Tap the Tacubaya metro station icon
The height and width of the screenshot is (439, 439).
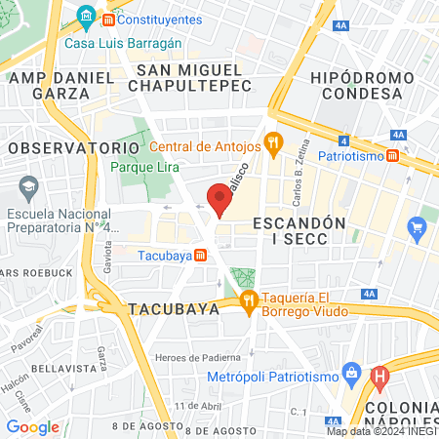[x=200, y=256]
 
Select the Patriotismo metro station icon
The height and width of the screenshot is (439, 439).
[x=391, y=155]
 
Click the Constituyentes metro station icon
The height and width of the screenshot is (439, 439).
[x=107, y=19]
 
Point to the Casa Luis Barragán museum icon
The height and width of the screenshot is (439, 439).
[x=85, y=19]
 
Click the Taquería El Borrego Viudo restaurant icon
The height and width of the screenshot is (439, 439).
[x=249, y=300]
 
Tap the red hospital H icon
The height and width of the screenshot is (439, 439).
[x=380, y=375]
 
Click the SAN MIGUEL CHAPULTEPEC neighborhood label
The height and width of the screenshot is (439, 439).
[x=189, y=79]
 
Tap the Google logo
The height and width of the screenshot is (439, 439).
[x=32, y=426]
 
